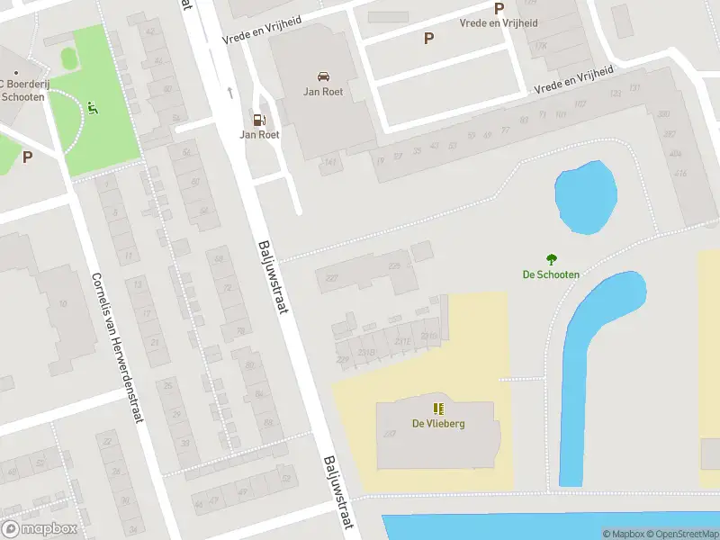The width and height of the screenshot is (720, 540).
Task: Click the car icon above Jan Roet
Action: pyautogui.click(x=323, y=76)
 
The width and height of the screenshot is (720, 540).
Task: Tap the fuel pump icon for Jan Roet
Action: pyautogui.click(x=259, y=120)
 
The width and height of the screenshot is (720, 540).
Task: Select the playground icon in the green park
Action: pyautogui.click(x=92, y=110)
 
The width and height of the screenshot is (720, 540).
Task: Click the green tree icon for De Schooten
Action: pyautogui.click(x=551, y=259)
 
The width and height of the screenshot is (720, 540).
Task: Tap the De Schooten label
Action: pyautogui.click(x=551, y=274)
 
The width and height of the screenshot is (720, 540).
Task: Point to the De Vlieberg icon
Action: pyautogui.click(x=438, y=409)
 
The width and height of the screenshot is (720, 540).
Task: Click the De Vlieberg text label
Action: pyautogui.click(x=438, y=424)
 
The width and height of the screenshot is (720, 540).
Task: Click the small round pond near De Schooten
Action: pyautogui.click(x=585, y=198)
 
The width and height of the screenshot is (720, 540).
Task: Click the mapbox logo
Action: pyautogui.click(x=39, y=529)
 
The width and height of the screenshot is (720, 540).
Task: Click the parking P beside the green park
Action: pyautogui.click(x=27, y=157)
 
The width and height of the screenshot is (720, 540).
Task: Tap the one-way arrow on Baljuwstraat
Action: pyautogui.click(x=230, y=91)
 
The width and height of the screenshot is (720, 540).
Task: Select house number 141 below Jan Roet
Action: pyautogui.click(x=330, y=162)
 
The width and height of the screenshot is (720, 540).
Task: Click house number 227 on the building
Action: pyautogui.click(x=331, y=278)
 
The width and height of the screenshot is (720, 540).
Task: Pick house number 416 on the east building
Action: pyautogui.click(x=679, y=173)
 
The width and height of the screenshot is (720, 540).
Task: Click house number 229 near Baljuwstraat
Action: pyautogui.click(x=342, y=359)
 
